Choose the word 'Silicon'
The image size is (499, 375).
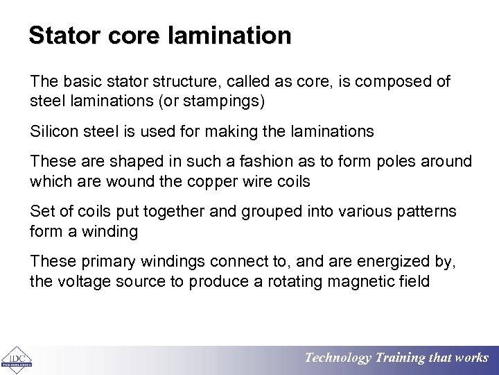(53, 131)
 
